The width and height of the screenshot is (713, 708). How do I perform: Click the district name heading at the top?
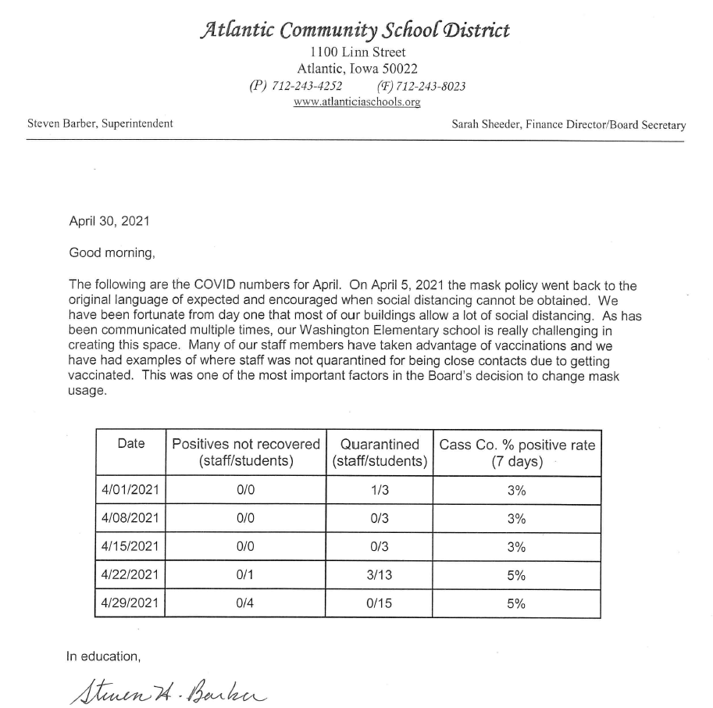point(357,30)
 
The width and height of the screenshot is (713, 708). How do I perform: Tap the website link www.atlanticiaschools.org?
point(357,102)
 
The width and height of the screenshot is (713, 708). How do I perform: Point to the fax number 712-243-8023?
point(432,86)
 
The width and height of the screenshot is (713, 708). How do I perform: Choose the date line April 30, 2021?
point(109,221)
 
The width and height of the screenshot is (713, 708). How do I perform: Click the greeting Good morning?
point(108,252)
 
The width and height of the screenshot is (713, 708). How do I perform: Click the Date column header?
point(130,444)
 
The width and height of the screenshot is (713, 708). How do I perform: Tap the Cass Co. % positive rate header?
point(517,452)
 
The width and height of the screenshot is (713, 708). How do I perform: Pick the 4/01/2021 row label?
point(130,490)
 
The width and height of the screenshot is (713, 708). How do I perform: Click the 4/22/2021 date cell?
point(130,575)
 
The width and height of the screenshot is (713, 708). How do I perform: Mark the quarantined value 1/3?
point(380,490)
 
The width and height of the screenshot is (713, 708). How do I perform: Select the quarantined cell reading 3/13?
point(380,575)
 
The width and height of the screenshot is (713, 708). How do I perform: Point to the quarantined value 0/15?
point(380,603)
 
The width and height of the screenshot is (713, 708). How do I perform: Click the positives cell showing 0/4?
point(246,603)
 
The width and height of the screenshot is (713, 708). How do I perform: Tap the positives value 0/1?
point(246,575)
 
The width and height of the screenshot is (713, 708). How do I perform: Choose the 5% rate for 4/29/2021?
point(517,603)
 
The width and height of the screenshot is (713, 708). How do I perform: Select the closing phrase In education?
point(105,656)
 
